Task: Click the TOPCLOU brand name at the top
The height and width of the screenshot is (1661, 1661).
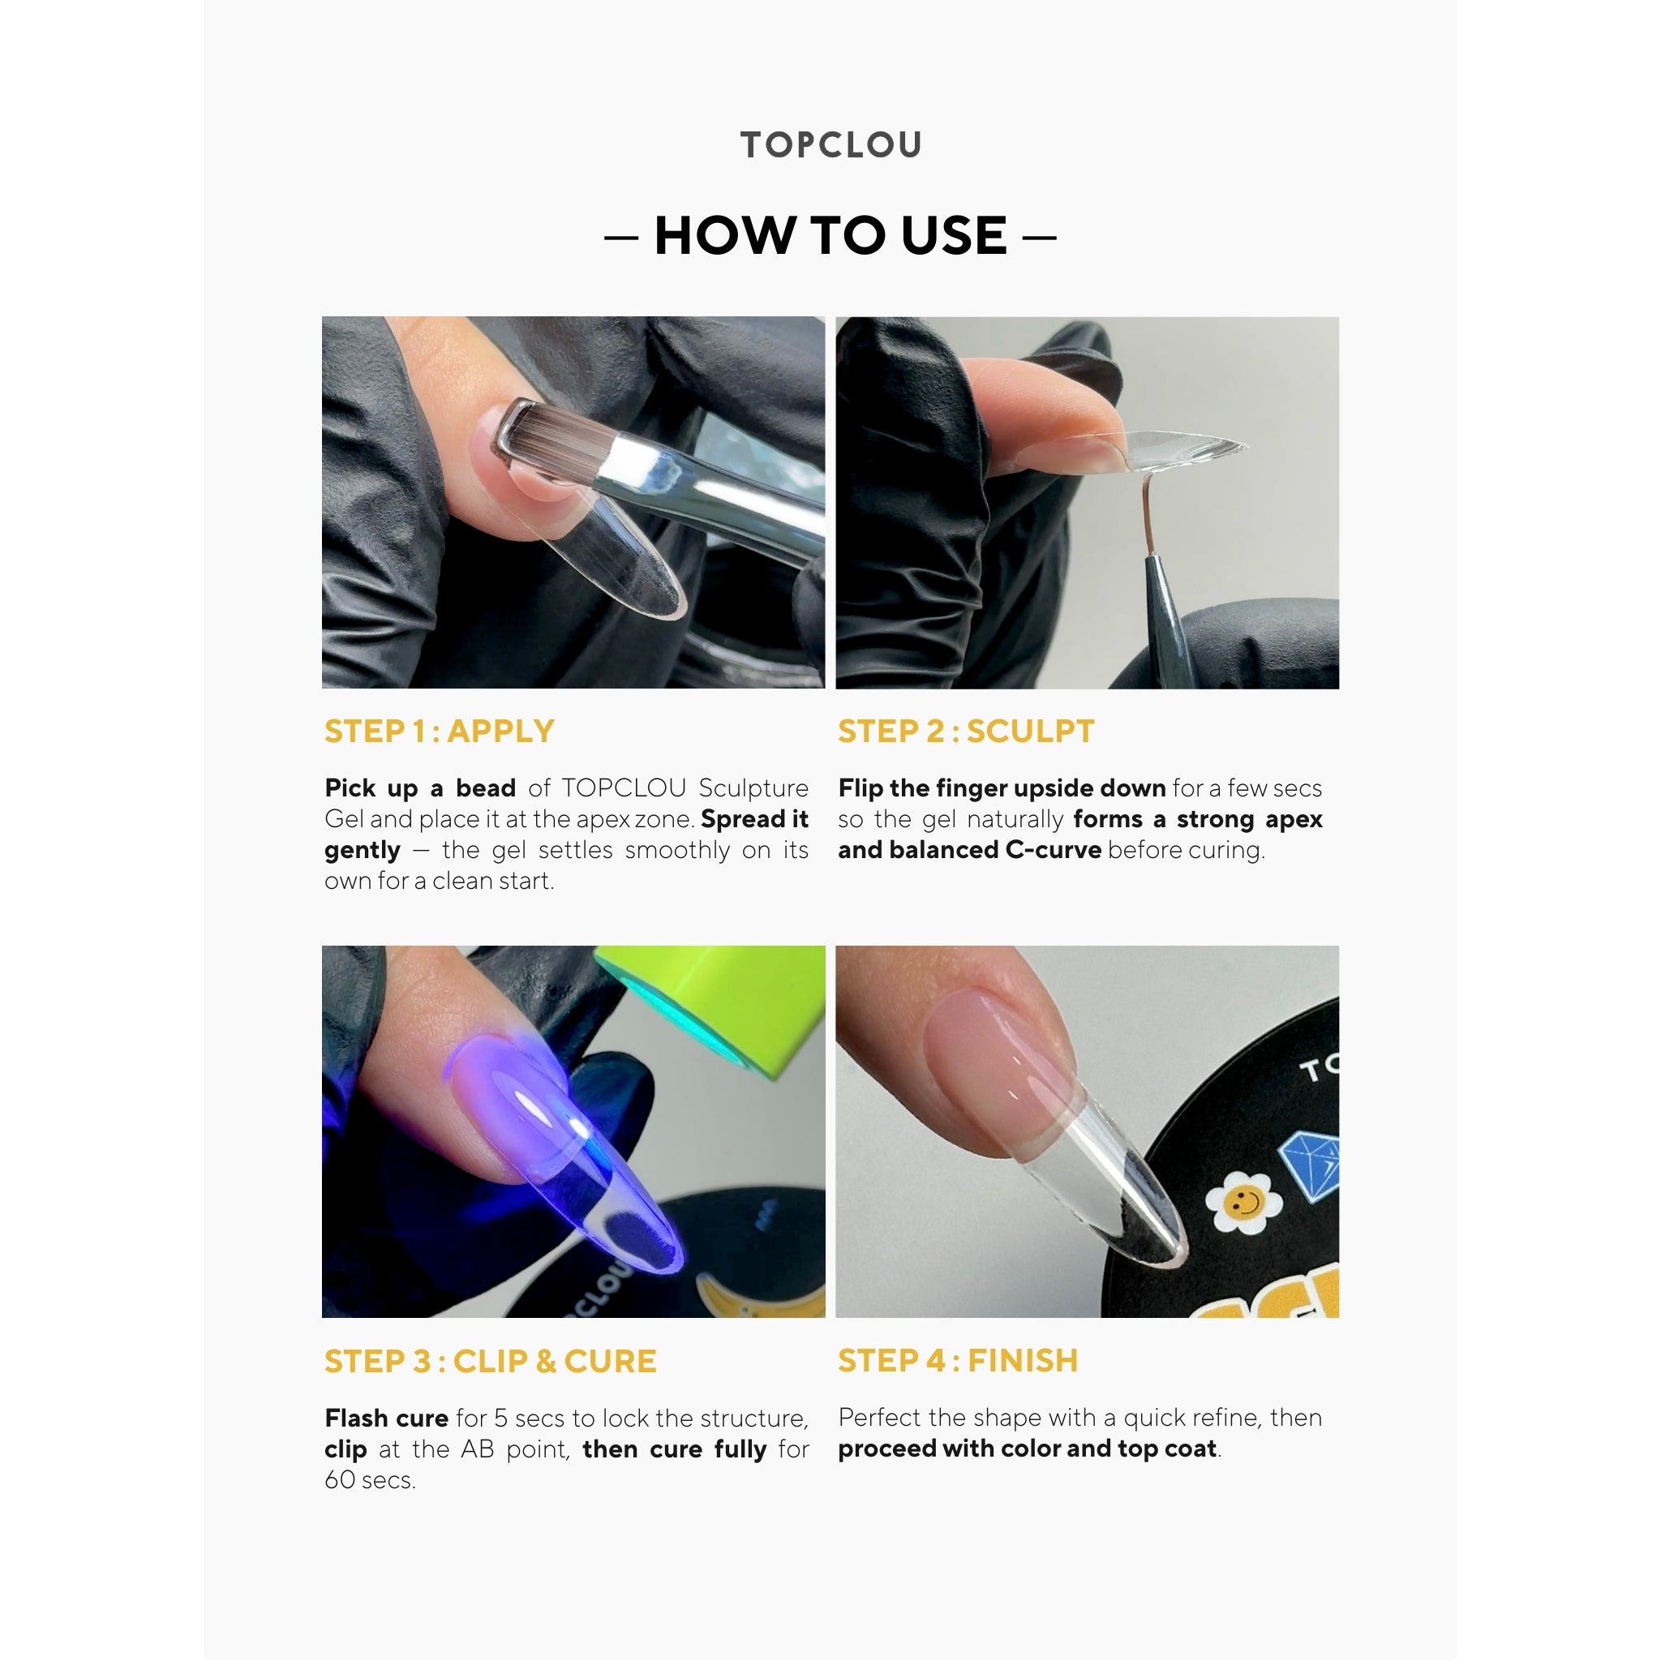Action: pos(830,144)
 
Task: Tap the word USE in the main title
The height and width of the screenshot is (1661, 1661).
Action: pos(954,235)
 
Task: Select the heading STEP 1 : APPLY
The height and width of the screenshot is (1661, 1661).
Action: pos(440,731)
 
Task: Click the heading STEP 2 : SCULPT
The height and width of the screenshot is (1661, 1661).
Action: pos(966,731)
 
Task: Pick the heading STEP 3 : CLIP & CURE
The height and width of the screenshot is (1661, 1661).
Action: pos(490,1361)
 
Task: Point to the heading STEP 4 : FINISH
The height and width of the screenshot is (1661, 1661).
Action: pos(958,1361)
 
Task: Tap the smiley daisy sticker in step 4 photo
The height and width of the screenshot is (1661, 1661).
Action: pos(1243,1202)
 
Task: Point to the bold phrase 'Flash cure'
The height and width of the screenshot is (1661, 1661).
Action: pos(386,1418)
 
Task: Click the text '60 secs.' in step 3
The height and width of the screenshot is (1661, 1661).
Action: pos(370,1479)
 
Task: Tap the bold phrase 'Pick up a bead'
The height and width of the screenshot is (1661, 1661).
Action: pos(419,788)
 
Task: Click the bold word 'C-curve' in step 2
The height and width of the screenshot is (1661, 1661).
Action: pos(1054,850)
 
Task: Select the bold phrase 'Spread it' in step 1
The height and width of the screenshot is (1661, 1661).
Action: pos(755,819)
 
